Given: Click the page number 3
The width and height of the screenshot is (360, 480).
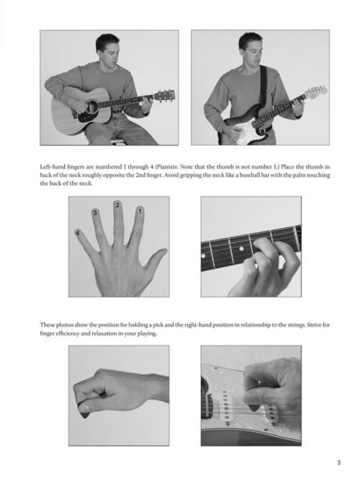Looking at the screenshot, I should tap(338, 462).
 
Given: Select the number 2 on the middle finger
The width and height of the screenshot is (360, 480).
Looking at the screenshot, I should tap(118, 206).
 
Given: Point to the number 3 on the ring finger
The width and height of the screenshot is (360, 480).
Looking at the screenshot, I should tap(95, 213).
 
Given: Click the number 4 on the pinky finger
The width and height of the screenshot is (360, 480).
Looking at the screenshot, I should tap(78, 232).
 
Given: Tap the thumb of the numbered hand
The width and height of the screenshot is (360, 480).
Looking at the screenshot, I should tap(157, 261).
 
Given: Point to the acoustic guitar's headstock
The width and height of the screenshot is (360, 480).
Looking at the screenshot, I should tap(166, 94).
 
